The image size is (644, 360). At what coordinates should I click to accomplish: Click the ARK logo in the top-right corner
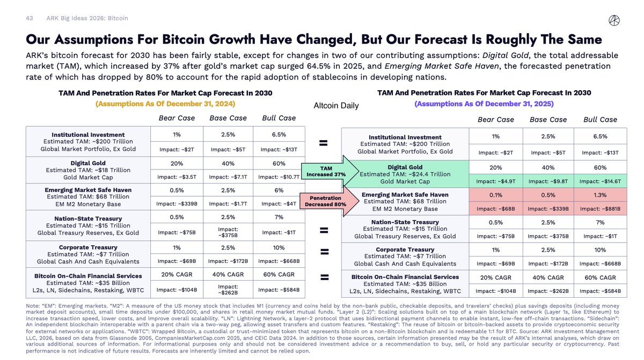pyautogui.click(x=614, y=19)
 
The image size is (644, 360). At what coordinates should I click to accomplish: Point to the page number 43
pyautogui.click(x=30, y=18)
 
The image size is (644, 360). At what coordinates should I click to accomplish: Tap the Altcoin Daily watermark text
pyautogui.click(x=336, y=106)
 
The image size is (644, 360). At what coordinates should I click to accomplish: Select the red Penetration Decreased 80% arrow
pyautogui.click(x=321, y=201)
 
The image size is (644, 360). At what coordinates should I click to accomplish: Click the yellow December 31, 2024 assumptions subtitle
pyautogui.click(x=165, y=104)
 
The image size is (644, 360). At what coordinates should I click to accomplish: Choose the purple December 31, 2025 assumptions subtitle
pyautogui.click(x=484, y=104)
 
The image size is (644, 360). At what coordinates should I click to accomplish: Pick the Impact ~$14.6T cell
pyautogui.click(x=601, y=181)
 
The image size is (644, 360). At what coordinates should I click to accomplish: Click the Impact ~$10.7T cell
pyautogui.click(x=279, y=177)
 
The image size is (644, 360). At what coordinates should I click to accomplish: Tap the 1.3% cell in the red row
pyautogui.click(x=601, y=195)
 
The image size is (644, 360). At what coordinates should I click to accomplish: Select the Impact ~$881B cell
pyautogui.click(x=601, y=209)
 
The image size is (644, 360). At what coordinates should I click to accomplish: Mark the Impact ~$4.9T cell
pyautogui.click(x=495, y=181)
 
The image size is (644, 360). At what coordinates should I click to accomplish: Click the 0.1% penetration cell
pyautogui.click(x=495, y=195)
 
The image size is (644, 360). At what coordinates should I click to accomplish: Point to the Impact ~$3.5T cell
pyautogui.click(x=176, y=177)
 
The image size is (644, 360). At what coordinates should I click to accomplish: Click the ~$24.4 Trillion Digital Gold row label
pyautogui.click(x=405, y=174)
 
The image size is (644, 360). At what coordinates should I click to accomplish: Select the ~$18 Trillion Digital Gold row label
pyautogui.click(x=89, y=170)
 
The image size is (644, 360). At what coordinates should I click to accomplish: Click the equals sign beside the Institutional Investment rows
pyautogui.click(x=324, y=143)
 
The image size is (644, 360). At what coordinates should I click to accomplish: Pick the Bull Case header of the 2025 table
pyautogui.click(x=601, y=120)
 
